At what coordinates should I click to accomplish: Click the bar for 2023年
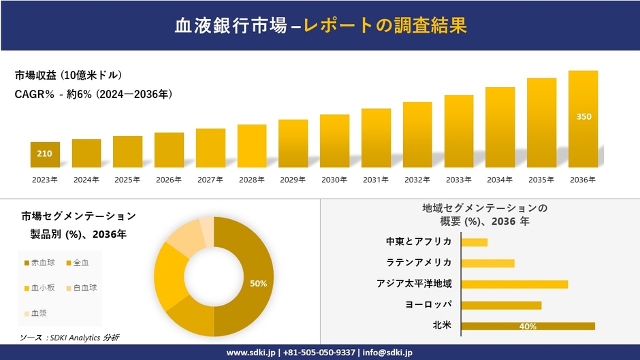click(x=45, y=154)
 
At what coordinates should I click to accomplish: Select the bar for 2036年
click(x=583, y=119)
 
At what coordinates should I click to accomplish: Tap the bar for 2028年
click(x=252, y=146)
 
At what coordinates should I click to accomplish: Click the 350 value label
click(x=583, y=116)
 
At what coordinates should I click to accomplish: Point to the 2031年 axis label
click(x=375, y=180)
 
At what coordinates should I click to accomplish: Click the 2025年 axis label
click(x=127, y=180)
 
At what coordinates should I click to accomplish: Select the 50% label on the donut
click(x=258, y=283)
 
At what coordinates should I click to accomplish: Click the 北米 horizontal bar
click(x=528, y=326)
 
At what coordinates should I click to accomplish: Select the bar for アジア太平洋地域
click(x=514, y=284)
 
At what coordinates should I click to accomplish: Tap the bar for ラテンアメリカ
click(x=487, y=263)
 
